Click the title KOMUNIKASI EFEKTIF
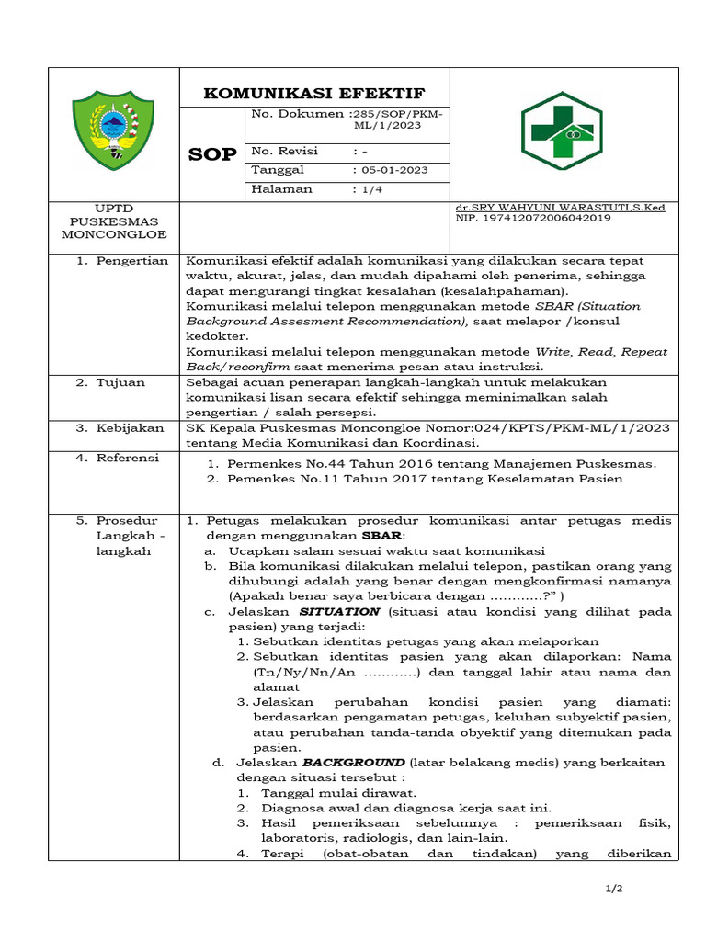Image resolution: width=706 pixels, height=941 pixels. tap(313, 94)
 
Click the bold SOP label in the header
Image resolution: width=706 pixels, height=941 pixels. tap(212, 154)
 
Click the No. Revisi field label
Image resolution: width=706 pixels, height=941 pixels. tap(282, 151)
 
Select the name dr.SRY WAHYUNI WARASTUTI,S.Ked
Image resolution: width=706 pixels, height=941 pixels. tap(560, 208)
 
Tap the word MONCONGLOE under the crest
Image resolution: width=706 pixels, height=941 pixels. tap(114, 235)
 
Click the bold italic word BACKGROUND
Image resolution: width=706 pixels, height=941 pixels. tap(353, 762)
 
